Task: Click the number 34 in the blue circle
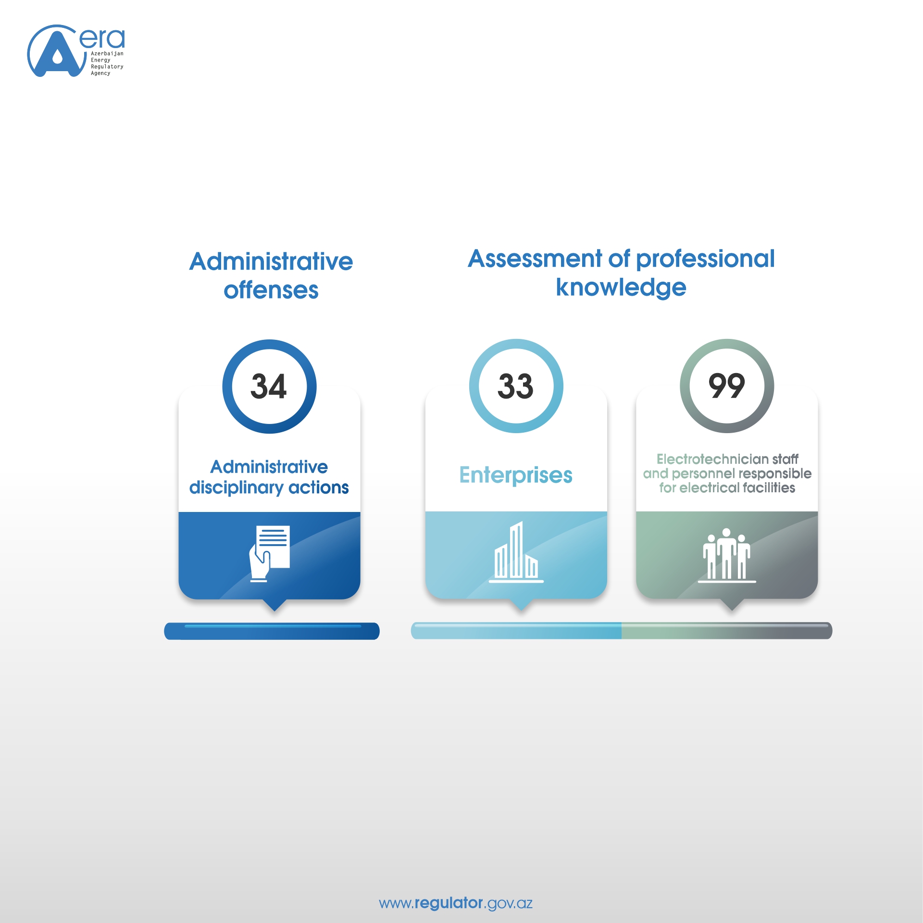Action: tap(269, 386)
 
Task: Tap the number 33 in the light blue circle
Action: tap(515, 386)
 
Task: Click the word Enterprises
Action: tap(516, 475)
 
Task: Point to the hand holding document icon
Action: tap(270, 554)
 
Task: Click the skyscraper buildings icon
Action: tap(516, 552)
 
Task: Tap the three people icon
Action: tap(726, 555)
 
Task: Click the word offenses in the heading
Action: tap(271, 290)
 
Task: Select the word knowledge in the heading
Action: tap(621, 287)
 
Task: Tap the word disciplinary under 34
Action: tap(236, 488)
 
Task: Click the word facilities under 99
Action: tap(769, 488)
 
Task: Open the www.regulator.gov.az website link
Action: tap(456, 903)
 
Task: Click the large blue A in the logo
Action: tap(57, 53)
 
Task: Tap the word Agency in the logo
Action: tap(100, 73)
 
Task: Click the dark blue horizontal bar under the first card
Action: tap(272, 631)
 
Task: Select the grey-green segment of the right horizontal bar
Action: tap(727, 631)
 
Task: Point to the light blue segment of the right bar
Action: tap(516, 631)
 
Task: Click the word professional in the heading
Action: tap(706, 260)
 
